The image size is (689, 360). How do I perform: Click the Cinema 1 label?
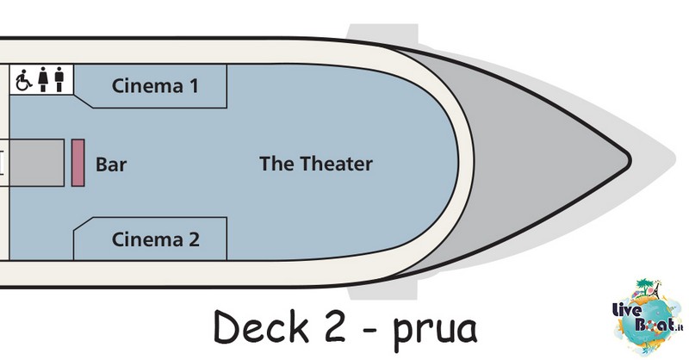155,86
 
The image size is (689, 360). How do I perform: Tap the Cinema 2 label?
156,239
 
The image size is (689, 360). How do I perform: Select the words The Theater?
316,164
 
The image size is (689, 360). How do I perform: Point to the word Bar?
111,164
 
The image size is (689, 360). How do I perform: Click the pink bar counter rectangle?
78,163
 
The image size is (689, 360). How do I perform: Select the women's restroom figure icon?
42,79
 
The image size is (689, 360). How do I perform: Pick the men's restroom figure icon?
59,79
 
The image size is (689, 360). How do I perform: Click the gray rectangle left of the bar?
37,163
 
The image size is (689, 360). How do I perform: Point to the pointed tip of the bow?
630,160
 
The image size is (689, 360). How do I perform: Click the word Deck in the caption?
261,326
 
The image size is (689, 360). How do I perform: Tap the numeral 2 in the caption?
336,327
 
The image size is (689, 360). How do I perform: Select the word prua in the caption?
435,332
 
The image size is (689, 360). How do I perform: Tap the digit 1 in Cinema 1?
194,86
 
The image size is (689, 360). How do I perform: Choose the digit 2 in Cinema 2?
195,239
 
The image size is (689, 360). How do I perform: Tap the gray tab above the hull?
382,33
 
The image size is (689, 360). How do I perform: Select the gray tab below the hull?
382,290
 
